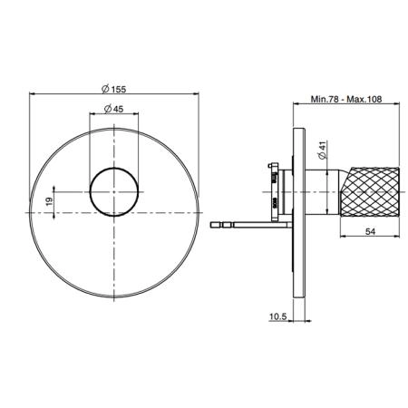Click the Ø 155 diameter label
(x=113, y=89)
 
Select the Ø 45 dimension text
(x=114, y=109)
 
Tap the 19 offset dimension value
(x=49, y=200)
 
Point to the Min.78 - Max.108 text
(x=346, y=99)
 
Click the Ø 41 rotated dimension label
(x=323, y=150)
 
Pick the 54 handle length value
(x=370, y=231)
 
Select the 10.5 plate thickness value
(x=277, y=316)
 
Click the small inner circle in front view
(x=114, y=168)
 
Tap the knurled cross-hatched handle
(x=370, y=191)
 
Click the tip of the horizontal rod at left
(x=211, y=225)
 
